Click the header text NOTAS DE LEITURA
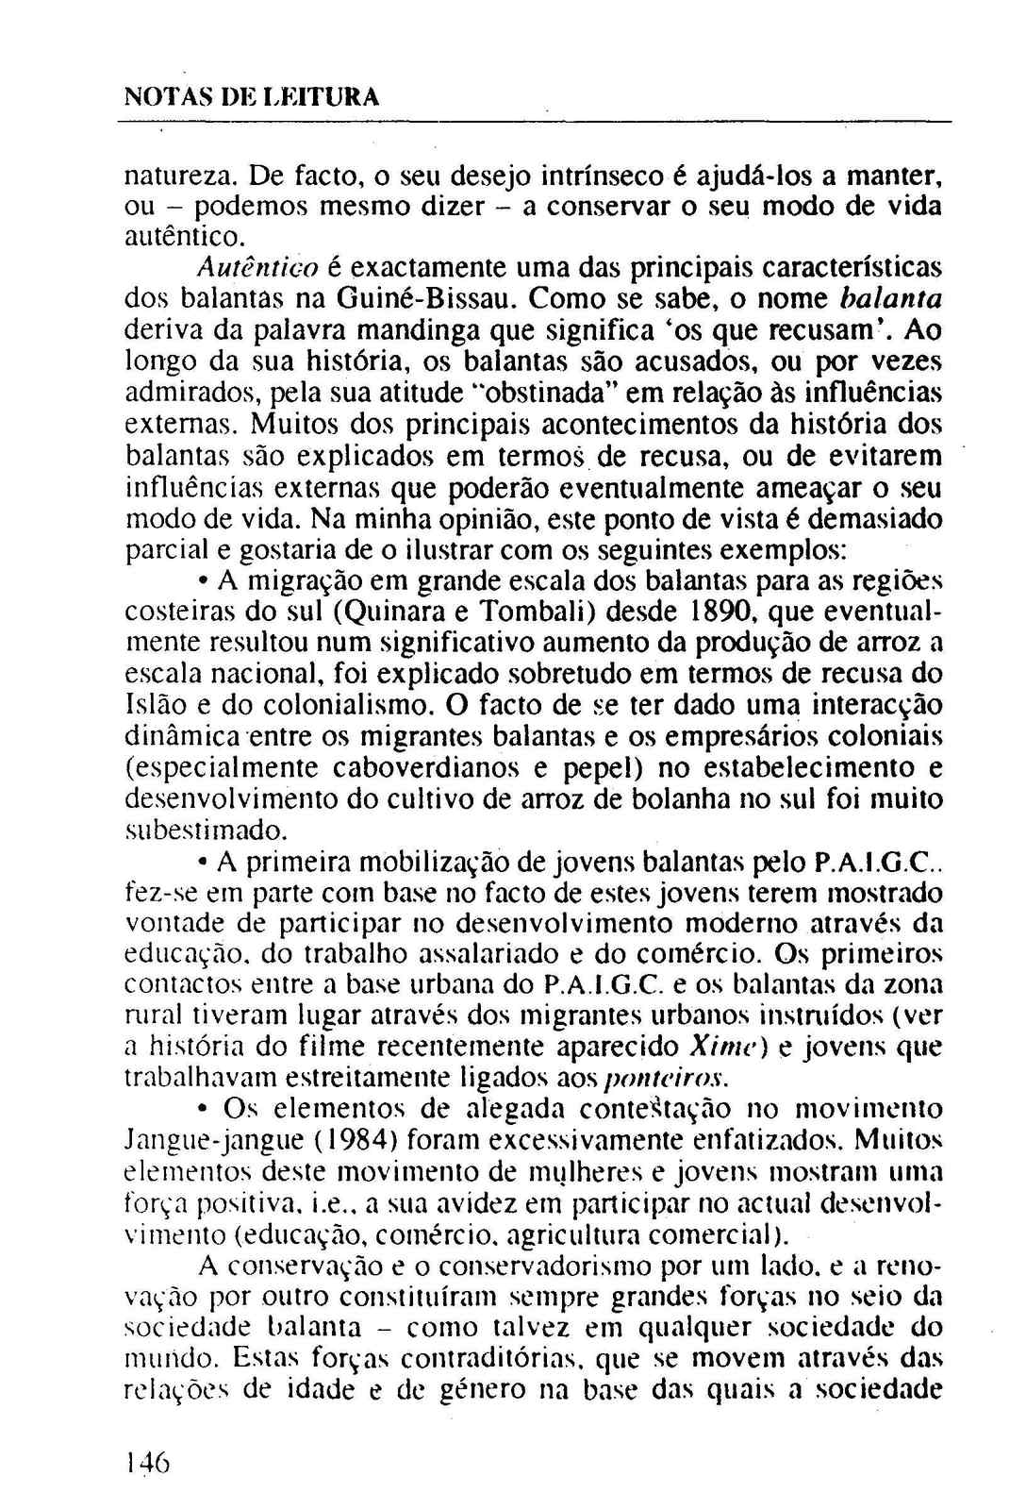pyautogui.click(x=252, y=97)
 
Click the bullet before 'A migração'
pyautogui.click(x=203, y=581)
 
